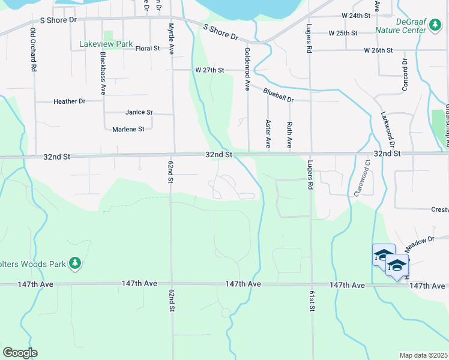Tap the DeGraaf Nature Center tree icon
[433, 25]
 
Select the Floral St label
[148, 48]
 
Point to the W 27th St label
[209, 70]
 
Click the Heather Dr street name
[70, 101]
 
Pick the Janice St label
[139, 112]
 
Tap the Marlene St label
[128, 129]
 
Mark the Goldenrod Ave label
[247, 69]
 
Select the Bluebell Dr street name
[278, 95]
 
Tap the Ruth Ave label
[289, 135]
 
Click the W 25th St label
[343, 32]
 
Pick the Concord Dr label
[404, 76]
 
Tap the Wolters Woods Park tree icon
[74, 263]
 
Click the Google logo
[19, 353]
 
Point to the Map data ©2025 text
[424, 355]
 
